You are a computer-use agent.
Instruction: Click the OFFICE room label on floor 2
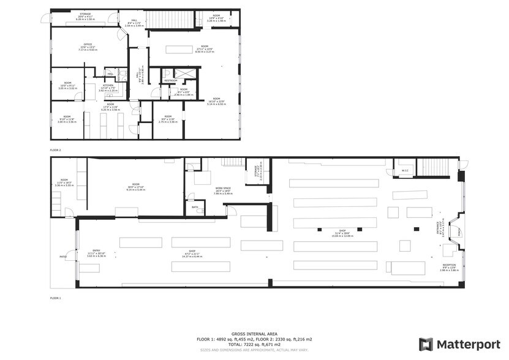[x=88, y=45]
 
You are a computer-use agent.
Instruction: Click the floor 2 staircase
[x=172, y=20]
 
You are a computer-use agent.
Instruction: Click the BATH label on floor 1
[x=195, y=207]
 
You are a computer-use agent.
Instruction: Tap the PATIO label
[x=62, y=257]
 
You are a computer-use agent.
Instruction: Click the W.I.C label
[x=405, y=171]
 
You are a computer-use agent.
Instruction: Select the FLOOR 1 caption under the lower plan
[x=56, y=298]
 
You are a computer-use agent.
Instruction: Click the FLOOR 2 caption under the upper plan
[x=56, y=149]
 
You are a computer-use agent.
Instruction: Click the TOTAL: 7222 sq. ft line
[x=254, y=343]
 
